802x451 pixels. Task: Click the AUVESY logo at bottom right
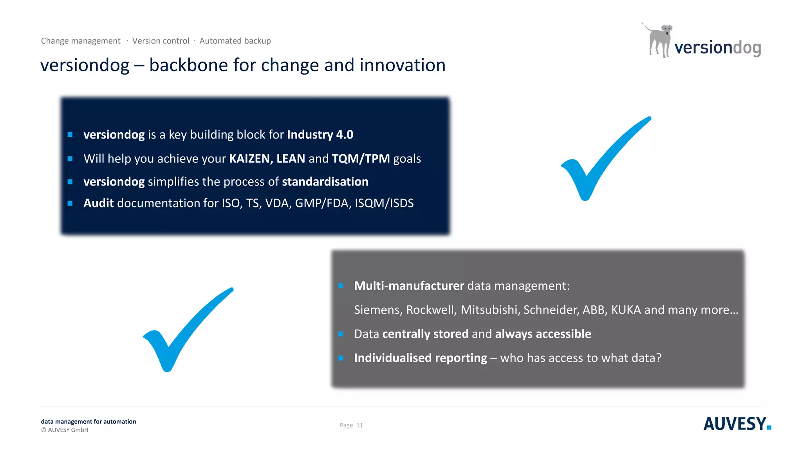tap(737, 424)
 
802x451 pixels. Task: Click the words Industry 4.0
tap(320, 135)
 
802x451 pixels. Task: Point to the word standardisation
tap(325, 182)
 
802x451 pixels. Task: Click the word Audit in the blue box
tap(98, 203)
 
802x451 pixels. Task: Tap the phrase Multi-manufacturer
tap(409, 286)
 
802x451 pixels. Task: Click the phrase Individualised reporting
tap(420, 358)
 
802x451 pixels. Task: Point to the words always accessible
tap(543, 334)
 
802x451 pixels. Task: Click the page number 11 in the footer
tap(359, 426)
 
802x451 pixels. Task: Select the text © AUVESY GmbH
tap(65, 430)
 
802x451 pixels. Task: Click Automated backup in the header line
tap(235, 41)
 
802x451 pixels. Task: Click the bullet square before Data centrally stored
tap(341, 334)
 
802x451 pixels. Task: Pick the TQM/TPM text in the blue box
tap(360, 159)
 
